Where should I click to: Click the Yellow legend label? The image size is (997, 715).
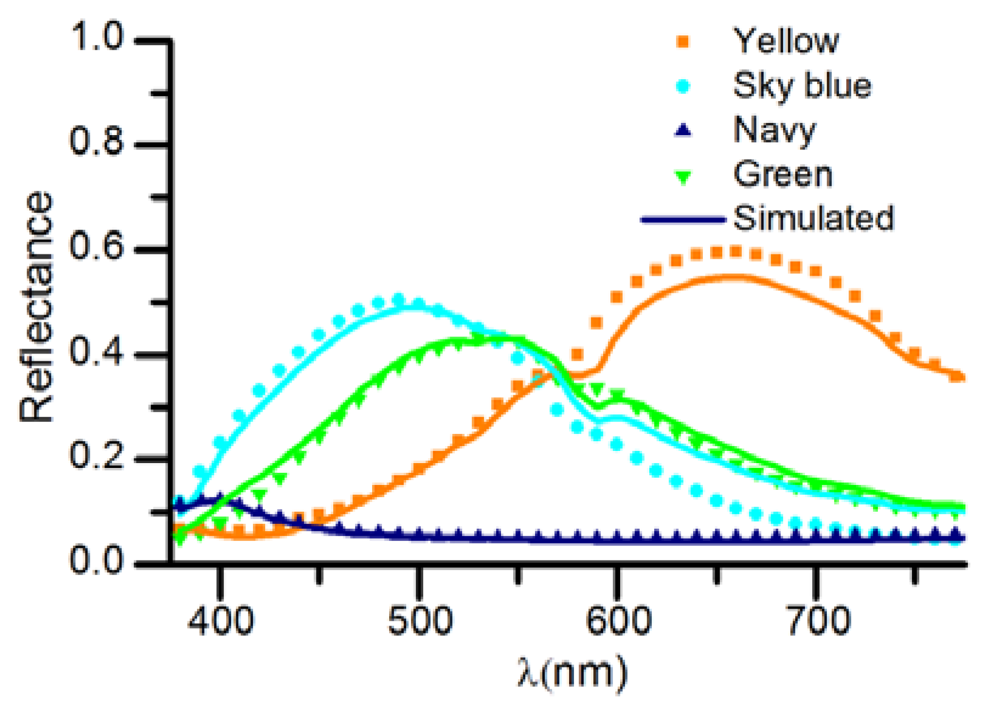[786, 41]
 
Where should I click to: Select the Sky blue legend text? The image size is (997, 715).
[802, 85]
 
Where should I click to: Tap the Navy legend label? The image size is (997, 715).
[774, 130]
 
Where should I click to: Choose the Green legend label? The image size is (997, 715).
[782, 175]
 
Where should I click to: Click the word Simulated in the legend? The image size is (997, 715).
[813, 218]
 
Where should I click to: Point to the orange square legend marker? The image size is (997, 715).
[684, 41]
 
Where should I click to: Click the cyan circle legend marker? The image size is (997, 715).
[684, 86]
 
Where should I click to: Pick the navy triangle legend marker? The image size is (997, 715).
[684, 130]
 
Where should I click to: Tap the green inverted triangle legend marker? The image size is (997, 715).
[684, 176]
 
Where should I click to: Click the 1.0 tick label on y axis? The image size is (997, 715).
[97, 38]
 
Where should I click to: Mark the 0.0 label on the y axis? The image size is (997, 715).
[97, 561]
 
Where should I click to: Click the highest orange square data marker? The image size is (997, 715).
[736, 251]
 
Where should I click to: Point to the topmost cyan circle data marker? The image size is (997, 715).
[398, 299]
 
